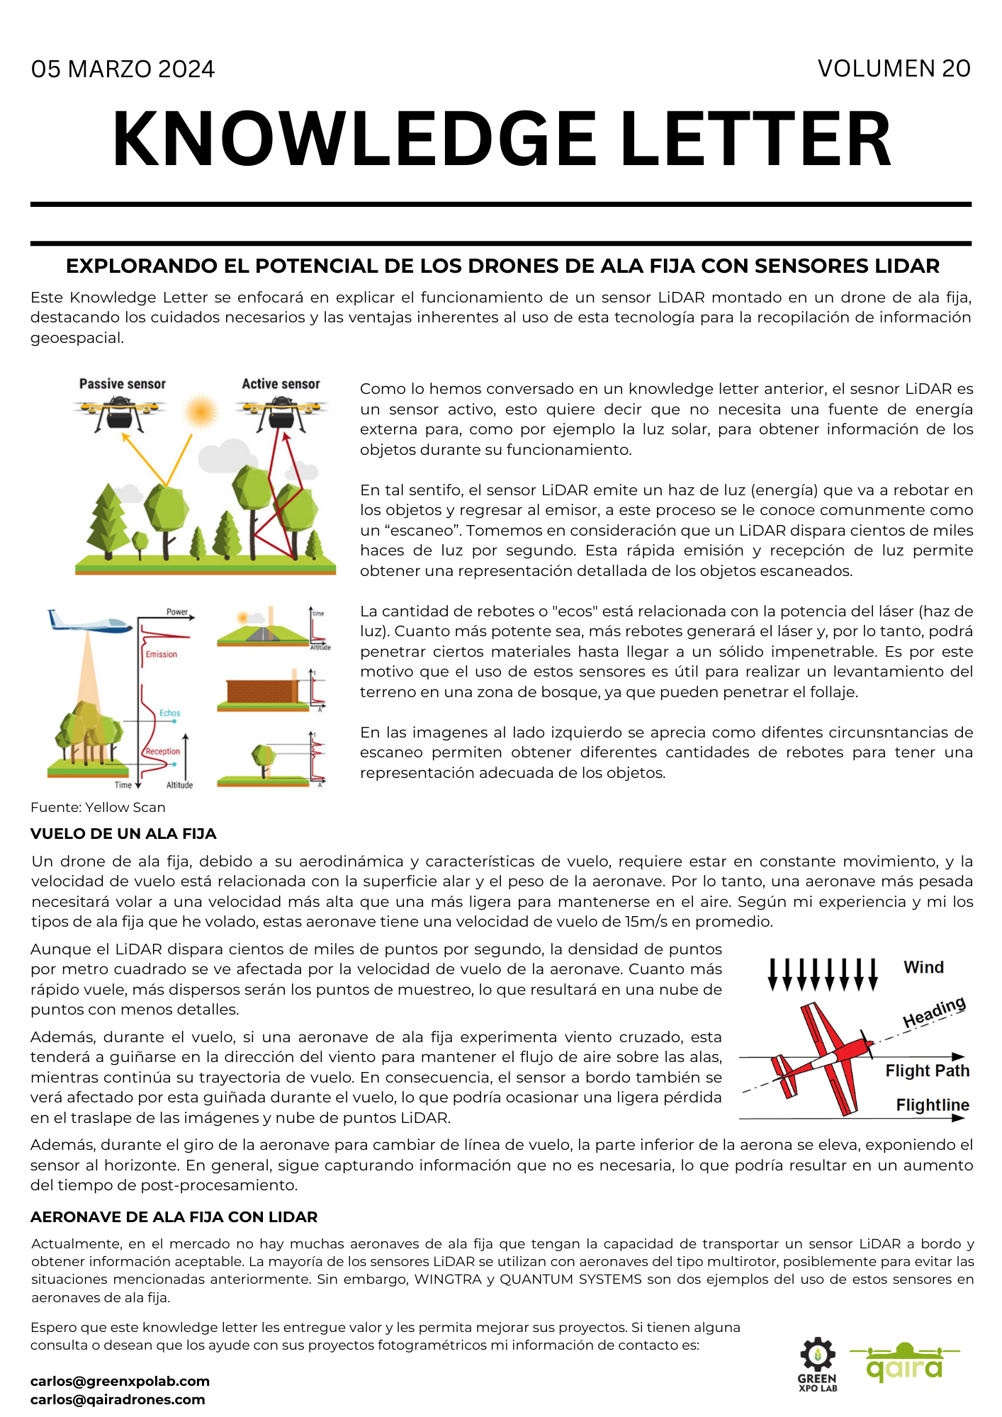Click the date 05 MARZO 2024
tap(123, 69)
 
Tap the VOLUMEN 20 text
tap(894, 69)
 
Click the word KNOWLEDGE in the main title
tap(354, 140)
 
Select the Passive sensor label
tap(122, 384)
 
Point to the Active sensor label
tap(281, 384)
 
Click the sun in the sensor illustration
tap(201, 411)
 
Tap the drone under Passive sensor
tap(119, 413)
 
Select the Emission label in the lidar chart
tap(161, 654)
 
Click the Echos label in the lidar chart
tap(169, 713)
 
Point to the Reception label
tap(162, 751)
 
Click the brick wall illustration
tap(261, 691)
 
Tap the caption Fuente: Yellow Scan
tap(98, 807)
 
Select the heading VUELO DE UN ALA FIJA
tap(123, 834)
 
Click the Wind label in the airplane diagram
tap(923, 967)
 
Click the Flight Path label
tap(927, 1071)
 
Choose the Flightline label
tap(932, 1105)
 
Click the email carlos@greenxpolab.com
tap(120, 1381)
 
